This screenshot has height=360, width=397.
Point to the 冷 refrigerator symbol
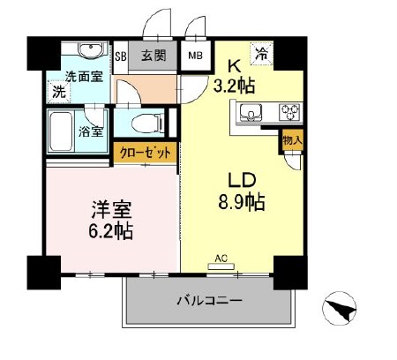tap(262, 52)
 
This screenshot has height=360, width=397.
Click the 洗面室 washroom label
tap(82, 76)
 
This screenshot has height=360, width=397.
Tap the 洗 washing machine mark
tap(57, 91)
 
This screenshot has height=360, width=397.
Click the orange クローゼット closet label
tap(146, 153)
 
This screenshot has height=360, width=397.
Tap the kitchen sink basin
tap(251, 112)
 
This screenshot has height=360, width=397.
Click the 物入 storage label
tap(292, 139)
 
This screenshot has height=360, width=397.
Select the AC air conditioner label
tap(224, 259)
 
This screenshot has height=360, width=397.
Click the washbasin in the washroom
tap(86, 50)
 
